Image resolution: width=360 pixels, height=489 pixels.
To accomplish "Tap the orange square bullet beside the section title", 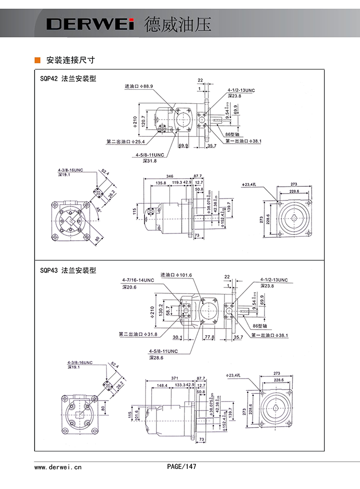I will [x=37, y=60].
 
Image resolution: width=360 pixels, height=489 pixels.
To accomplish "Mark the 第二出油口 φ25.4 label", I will [x=126, y=142].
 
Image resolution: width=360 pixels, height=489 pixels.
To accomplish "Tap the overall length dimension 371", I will [x=170, y=379].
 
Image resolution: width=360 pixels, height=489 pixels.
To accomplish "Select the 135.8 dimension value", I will [x=161, y=183].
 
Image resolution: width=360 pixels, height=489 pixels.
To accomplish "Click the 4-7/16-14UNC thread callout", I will [x=138, y=280].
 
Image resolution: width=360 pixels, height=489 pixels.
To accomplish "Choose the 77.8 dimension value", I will [x=209, y=337].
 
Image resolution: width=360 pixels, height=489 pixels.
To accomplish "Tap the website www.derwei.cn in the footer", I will [x=58, y=466].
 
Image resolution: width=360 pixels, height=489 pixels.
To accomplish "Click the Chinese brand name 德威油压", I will [x=178, y=24].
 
